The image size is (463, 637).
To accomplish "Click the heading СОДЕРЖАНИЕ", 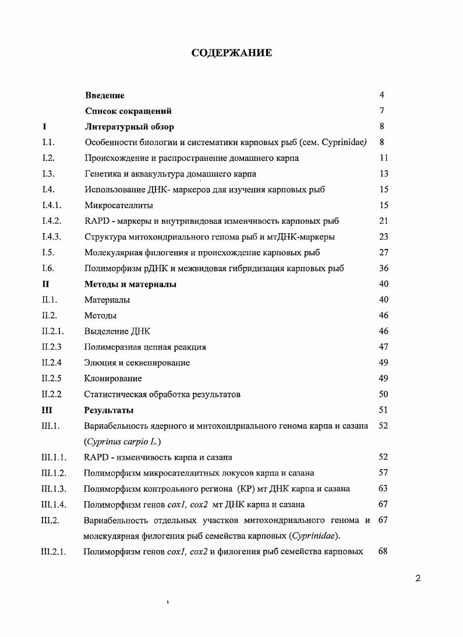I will coord(232,53).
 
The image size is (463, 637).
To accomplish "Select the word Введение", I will coord(105,95).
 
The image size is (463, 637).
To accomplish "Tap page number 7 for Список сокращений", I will coord(381,111).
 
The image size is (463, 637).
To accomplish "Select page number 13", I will coord(383,174).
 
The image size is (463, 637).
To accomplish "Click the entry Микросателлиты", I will coord(119,205).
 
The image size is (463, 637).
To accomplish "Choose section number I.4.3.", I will coord(52,237).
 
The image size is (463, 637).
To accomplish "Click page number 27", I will coord(383,252).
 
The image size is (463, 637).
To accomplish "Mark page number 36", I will coord(383,268).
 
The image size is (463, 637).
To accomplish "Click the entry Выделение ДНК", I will coord(117,331).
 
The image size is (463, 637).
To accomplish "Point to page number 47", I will coord(383,347).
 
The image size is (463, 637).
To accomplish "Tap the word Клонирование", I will coord(113,378).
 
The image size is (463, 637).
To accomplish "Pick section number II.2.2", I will coord(52,394).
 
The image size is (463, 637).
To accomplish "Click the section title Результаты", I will coord(109,410).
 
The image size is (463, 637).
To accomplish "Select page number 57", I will coord(383,473).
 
